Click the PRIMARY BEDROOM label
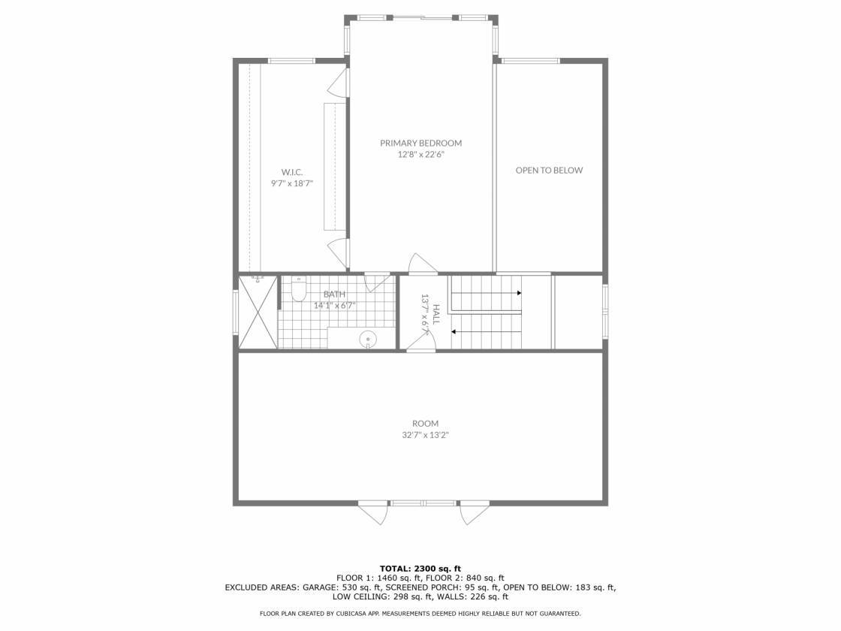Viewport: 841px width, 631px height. [x=420, y=143]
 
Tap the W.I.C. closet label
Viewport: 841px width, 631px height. [x=292, y=172]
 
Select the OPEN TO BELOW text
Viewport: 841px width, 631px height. [x=549, y=171]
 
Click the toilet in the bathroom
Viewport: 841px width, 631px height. [x=299, y=290]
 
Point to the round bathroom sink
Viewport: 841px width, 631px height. [x=368, y=340]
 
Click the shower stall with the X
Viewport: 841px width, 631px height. [x=258, y=312]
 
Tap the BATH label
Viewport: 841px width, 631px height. [x=334, y=294]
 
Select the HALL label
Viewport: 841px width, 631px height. [x=436, y=315]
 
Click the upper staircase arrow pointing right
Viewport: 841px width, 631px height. [x=486, y=293]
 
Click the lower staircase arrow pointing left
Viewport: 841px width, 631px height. [x=486, y=332]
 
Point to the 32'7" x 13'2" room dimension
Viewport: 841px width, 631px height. [x=425, y=435]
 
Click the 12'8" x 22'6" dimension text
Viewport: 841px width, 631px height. [x=420, y=155]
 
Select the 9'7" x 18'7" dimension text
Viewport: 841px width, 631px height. [x=292, y=183]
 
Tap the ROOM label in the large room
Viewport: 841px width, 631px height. [x=425, y=424]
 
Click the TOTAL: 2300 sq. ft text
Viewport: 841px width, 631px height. [x=420, y=569]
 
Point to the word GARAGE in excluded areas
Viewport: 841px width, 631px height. [x=321, y=587]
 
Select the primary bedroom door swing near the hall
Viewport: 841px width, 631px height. [x=423, y=263]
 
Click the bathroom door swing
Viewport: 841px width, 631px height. [x=378, y=282]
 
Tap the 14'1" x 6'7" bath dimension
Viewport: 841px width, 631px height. [x=334, y=306]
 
